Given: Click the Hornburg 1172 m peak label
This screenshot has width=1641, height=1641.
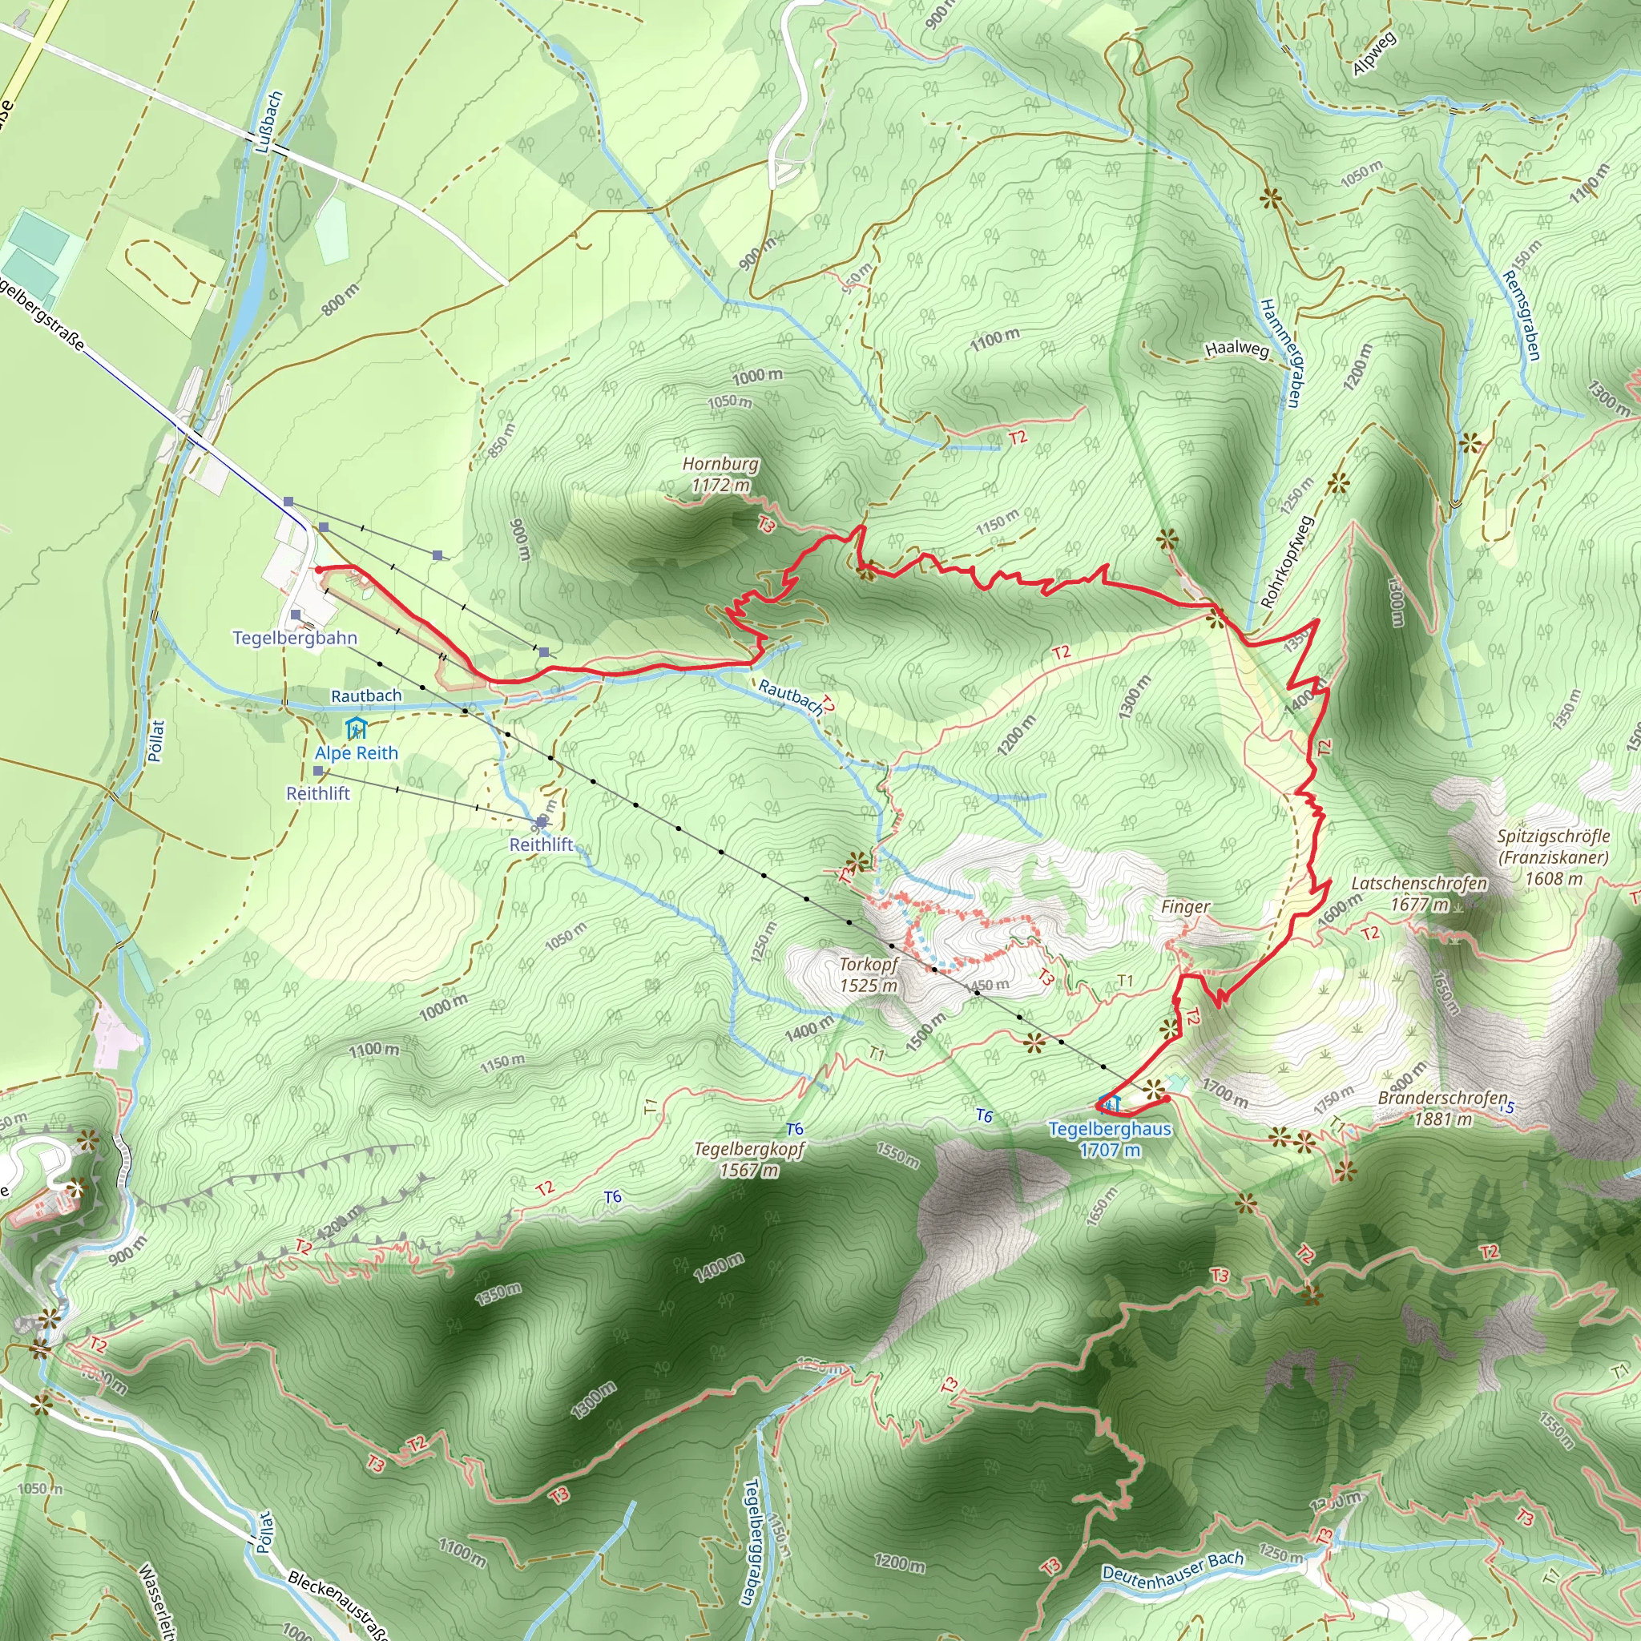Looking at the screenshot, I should (x=720, y=475).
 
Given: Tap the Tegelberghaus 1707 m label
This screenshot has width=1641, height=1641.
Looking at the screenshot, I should (x=1109, y=1139).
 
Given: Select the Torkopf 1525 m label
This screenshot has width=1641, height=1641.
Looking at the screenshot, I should (x=868, y=975).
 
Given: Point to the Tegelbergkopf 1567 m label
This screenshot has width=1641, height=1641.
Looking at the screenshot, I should (x=749, y=1159).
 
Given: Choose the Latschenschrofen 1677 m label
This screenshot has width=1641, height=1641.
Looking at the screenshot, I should (x=1419, y=893).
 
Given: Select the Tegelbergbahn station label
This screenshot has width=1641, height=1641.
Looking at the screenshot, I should (x=295, y=638).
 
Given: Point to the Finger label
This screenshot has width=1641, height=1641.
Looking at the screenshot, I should (x=1185, y=907).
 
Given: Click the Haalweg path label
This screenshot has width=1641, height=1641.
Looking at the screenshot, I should (x=1236, y=349).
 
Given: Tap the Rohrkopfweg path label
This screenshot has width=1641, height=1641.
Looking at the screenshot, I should (x=1288, y=562).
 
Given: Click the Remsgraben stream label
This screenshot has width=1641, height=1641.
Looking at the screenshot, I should (x=1520, y=315).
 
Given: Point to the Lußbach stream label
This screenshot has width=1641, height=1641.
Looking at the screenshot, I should (x=269, y=123).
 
